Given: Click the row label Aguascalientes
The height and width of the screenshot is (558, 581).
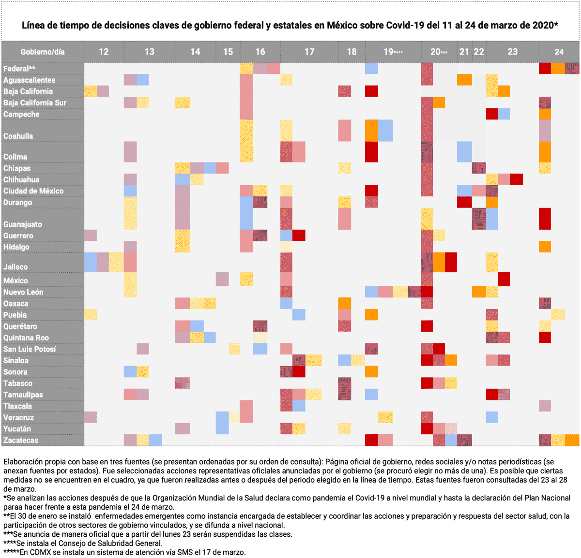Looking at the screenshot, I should pos(29,80).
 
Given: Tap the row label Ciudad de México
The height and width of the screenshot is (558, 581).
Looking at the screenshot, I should pos(33,191).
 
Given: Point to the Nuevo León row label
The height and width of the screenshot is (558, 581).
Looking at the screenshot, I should pos(23,292).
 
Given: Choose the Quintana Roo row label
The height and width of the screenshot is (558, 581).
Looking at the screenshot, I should pos(26,338).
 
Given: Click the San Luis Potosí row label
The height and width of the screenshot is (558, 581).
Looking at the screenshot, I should pos(30,349).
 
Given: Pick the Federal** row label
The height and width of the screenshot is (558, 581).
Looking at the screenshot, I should pos(19,69).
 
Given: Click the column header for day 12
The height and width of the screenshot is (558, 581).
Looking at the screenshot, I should pos(104,52).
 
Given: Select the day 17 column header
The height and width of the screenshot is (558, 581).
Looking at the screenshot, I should pos(309,52).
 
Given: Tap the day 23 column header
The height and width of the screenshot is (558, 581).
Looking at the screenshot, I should pos(512,52).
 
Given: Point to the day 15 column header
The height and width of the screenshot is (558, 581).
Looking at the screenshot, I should pos(228,52).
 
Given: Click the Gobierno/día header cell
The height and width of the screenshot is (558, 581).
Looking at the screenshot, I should pos(43,52).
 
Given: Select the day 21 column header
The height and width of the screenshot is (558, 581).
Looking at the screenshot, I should pos(464,52).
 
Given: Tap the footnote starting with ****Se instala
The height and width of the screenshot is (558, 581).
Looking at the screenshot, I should pos(83,543).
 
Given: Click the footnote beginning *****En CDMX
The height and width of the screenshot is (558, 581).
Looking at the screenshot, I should pos(124,552).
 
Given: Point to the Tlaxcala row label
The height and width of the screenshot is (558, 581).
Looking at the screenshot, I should pos(18,406).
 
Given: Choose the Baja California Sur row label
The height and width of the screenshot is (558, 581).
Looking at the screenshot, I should pos(35,103).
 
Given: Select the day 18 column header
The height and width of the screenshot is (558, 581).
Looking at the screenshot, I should pos(352,52).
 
